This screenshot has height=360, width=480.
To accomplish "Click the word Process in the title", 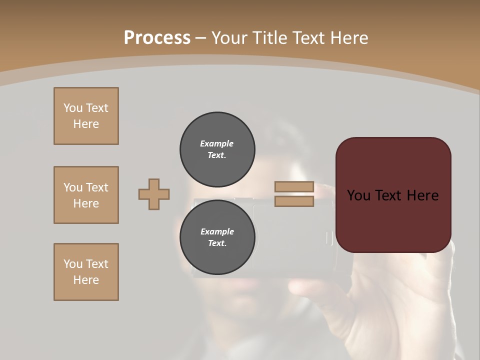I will [157, 38].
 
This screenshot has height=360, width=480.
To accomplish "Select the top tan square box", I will [86, 116].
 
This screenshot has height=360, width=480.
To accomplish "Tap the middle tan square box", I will [86, 195].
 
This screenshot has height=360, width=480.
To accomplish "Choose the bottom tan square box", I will [86, 272].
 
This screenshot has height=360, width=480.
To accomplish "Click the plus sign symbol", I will [154, 194].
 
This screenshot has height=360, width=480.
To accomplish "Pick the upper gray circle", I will [217, 149].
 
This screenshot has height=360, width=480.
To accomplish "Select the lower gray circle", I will [217, 237].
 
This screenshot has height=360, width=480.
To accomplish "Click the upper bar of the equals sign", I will [294, 187].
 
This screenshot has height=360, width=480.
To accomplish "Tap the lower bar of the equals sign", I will [294, 201].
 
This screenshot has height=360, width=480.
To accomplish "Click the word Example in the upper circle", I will [216, 143].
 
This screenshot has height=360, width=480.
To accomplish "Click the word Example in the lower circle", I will [216, 231].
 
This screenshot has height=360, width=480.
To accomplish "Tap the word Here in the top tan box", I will [86, 124].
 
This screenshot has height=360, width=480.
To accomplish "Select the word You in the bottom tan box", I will [73, 264].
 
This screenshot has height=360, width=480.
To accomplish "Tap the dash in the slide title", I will [201, 38].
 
